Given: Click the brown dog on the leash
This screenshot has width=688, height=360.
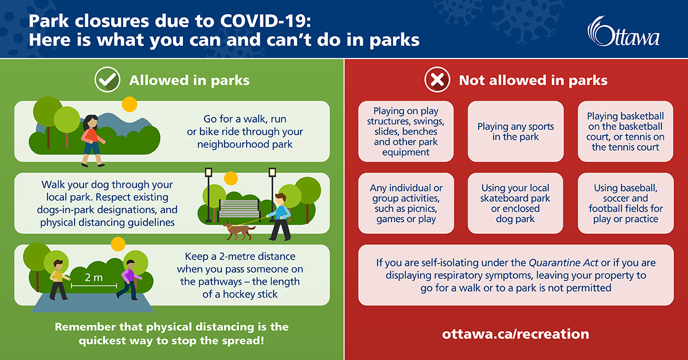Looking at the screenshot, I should [x=240, y=229].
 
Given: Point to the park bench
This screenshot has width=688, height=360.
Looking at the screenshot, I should [x=240, y=208].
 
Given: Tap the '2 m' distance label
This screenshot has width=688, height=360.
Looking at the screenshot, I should [x=93, y=278].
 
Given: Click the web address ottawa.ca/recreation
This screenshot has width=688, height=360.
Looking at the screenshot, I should [x=515, y=334].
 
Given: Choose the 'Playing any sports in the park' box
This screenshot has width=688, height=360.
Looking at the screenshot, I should [x=515, y=132].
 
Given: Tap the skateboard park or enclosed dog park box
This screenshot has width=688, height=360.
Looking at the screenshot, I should [x=515, y=204].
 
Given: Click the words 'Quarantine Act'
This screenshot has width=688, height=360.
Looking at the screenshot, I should [x=563, y=263].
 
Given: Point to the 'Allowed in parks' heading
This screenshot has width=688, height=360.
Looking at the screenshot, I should [x=189, y=80].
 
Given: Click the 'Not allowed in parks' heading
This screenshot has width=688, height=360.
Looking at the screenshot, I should [x=533, y=80].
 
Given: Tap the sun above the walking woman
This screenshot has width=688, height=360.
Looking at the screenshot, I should [x=130, y=104].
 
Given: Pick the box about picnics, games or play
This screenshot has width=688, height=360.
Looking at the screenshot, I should [x=406, y=204].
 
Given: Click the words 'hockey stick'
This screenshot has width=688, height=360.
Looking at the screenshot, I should [x=251, y=295].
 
